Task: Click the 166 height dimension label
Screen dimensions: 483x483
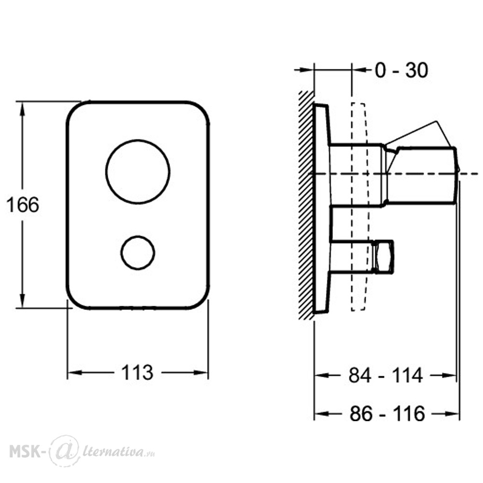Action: pos(23,204)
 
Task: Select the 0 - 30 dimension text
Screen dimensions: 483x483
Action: pos(401,70)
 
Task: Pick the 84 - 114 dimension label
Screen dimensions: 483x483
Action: pos(385,375)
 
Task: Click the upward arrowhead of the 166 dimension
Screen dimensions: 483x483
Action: pos(22,109)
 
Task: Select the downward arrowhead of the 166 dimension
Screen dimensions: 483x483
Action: pos(22,300)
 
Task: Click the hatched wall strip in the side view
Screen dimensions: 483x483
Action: pos(306,205)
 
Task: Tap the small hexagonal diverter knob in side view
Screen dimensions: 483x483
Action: pos(383,256)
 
